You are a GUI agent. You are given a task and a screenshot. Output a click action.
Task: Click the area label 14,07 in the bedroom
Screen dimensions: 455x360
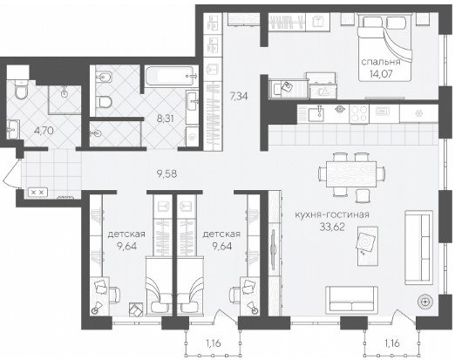(x=381, y=74)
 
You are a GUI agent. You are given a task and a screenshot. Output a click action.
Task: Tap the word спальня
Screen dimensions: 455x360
(x=381, y=62)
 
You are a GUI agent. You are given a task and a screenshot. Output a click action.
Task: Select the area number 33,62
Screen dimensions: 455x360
(x=332, y=227)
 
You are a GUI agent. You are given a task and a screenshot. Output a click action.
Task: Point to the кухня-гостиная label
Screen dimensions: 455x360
(x=332, y=214)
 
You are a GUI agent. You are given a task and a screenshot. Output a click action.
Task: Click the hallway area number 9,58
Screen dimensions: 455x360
(x=166, y=174)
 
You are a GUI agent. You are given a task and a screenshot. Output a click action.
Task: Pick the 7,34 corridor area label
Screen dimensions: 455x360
(x=239, y=96)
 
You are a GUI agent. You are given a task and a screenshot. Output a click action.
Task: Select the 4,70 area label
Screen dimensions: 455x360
(x=44, y=131)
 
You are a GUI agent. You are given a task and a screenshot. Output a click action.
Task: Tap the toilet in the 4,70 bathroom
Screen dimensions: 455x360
(x=20, y=89)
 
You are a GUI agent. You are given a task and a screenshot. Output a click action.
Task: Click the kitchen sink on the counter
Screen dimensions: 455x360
(x=316, y=114)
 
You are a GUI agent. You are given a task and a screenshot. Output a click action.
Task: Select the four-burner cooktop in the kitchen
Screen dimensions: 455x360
(x=359, y=114)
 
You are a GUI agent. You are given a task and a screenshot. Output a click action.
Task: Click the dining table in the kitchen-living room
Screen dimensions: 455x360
(x=351, y=174)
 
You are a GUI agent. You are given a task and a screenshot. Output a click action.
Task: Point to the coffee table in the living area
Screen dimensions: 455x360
(x=368, y=246)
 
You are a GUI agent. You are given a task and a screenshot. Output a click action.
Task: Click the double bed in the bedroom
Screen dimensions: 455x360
(x=384, y=48)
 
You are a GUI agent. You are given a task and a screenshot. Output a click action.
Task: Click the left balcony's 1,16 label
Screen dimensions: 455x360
(x=214, y=343)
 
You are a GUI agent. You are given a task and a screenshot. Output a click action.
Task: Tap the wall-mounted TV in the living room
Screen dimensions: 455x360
(x=274, y=248)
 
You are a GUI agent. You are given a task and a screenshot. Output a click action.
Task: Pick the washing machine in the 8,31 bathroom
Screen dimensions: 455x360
(x=192, y=137)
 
